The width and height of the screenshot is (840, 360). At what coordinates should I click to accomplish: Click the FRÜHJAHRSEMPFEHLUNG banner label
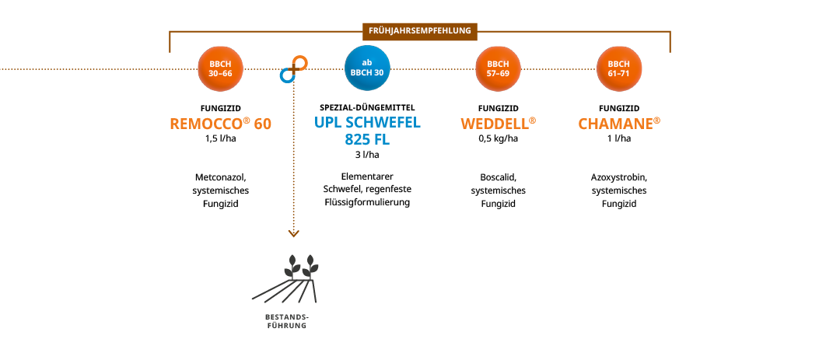coord(420,31)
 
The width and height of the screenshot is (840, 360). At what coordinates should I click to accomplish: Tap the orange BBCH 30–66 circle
coord(221,68)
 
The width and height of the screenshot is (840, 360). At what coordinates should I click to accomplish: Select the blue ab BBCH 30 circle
coord(367,68)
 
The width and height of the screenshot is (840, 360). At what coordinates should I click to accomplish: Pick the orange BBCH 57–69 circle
coord(498,68)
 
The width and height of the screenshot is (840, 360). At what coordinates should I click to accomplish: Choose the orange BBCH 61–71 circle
coord(619,68)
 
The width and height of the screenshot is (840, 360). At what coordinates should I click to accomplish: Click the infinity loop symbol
coord(294,69)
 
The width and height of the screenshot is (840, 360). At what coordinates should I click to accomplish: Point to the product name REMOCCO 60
coord(221,124)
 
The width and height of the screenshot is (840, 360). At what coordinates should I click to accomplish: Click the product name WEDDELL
coord(498,124)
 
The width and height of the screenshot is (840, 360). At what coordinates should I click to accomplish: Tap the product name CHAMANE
coord(619,124)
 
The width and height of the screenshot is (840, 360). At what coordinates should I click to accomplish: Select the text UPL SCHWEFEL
coord(367,123)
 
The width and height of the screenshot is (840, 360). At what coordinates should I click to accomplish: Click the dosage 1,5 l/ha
coord(221,140)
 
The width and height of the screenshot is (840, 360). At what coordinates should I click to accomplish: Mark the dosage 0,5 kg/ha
coord(498,140)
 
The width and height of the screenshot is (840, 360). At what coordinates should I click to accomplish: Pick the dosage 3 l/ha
coord(367,155)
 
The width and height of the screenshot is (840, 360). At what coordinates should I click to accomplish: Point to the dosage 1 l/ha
coord(619,140)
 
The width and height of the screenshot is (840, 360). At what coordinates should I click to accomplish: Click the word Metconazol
coord(221,177)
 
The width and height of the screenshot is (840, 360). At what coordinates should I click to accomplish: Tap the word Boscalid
coord(498,177)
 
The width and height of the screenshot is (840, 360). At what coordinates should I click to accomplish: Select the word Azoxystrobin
coord(619,177)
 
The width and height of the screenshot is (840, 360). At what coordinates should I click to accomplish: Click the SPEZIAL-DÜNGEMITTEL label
coord(367,107)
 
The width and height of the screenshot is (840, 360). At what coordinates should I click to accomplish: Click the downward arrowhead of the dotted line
coord(293,232)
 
